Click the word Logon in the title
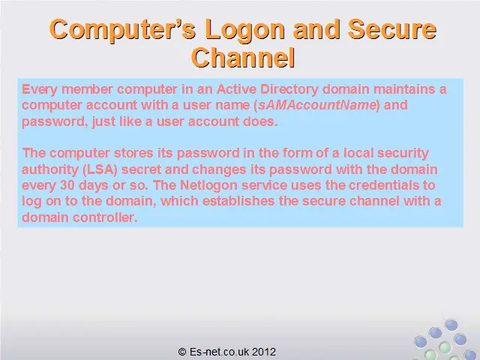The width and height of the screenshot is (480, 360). click(245, 30)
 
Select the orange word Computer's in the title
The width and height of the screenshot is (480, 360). click(122, 30)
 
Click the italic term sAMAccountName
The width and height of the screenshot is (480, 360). click(316, 105)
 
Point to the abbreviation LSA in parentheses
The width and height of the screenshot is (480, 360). click(100, 169)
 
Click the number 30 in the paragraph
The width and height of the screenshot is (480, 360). click(67, 185)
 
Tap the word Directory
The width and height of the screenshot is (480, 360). click(289, 89)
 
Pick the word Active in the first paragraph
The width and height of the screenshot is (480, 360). click(236, 89)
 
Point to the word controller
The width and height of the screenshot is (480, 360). click(105, 217)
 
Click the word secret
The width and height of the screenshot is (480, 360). click(141, 169)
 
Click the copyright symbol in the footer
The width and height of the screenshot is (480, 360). click(182, 352)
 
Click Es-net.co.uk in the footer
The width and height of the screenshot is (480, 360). click(219, 352)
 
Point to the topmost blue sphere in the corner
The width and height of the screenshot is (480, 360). click(451, 325)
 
